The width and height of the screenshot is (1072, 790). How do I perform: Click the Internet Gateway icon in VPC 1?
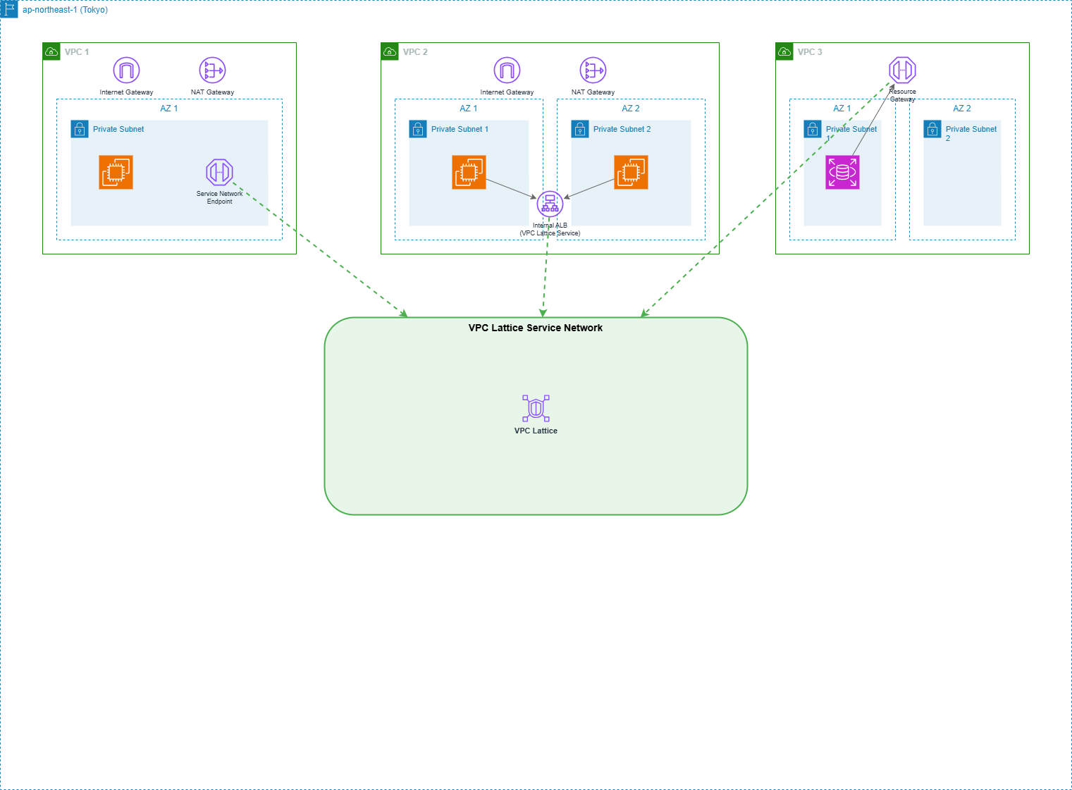click(126, 70)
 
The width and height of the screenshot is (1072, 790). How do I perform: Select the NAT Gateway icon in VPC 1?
click(212, 70)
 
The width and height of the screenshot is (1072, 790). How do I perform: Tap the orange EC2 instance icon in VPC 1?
click(116, 173)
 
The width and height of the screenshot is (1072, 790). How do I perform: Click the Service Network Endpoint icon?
click(219, 172)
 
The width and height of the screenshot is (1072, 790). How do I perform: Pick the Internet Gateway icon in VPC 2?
click(507, 70)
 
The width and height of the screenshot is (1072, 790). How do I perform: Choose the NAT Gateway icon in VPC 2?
click(593, 70)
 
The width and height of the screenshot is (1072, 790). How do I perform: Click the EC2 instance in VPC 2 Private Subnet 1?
click(469, 173)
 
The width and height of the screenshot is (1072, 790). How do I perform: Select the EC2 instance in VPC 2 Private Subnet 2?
click(631, 173)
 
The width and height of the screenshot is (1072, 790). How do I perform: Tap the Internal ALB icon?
click(550, 204)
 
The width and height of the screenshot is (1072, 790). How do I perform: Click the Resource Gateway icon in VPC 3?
click(902, 70)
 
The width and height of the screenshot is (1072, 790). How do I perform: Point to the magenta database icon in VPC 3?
click(842, 173)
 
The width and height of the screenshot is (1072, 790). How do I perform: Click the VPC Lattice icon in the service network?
click(536, 409)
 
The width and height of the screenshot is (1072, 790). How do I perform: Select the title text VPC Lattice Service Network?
click(536, 328)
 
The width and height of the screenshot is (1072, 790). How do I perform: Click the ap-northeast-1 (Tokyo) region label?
click(65, 10)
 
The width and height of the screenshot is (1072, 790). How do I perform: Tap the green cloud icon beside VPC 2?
click(390, 51)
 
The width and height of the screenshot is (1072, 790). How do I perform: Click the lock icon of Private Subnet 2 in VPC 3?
click(932, 129)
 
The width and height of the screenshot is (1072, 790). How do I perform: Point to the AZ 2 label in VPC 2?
click(631, 109)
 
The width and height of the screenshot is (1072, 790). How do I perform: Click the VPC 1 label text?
click(77, 52)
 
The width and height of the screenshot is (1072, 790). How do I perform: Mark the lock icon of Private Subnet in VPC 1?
click(80, 129)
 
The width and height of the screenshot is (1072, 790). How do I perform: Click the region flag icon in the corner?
click(9, 9)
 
